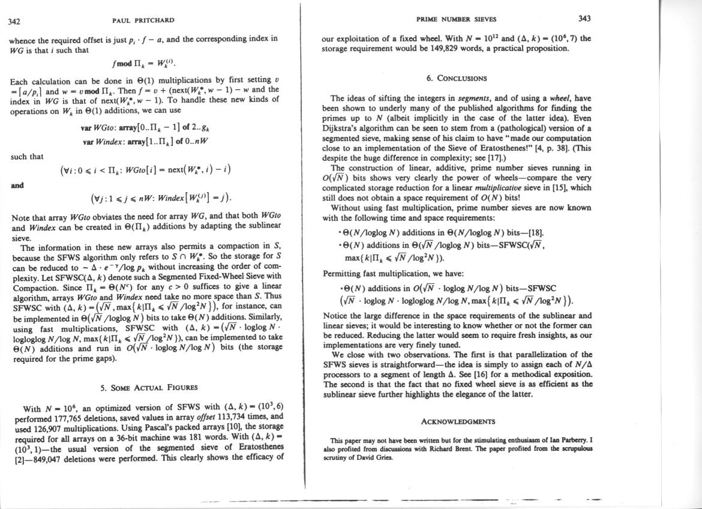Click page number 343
(584, 19)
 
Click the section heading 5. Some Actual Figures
(149, 387)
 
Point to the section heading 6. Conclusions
(457, 78)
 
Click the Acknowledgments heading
(458, 422)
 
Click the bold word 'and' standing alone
(17, 185)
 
